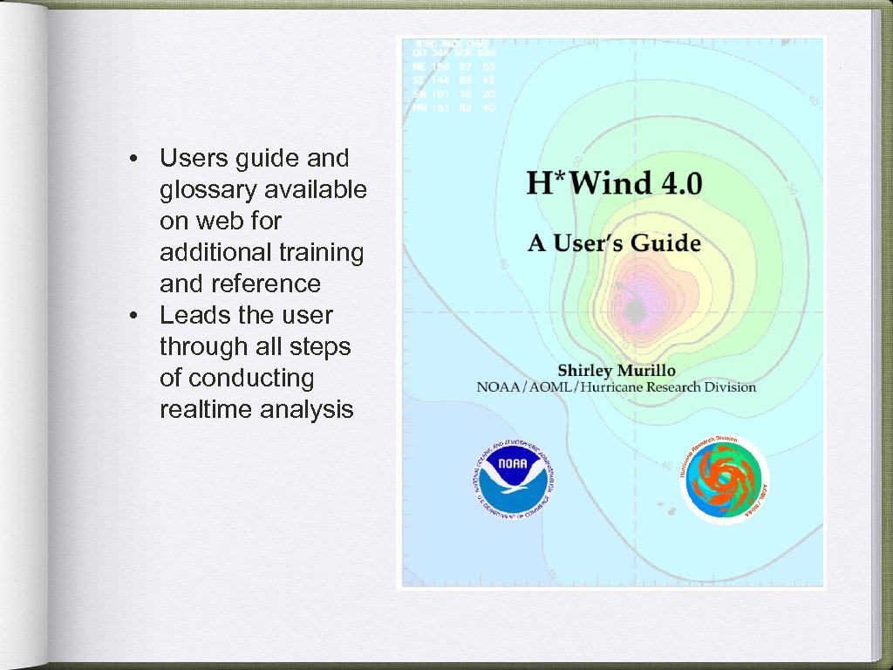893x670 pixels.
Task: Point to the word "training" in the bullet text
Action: (320, 252)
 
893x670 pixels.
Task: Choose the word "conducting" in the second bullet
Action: (250, 378)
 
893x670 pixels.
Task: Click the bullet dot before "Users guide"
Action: (132, 160)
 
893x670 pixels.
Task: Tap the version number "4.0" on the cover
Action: (680, 184)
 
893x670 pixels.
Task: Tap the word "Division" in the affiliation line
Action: (726, 386)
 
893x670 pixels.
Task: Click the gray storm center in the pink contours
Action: (634, 311)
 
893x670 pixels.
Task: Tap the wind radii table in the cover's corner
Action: (451, 75)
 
